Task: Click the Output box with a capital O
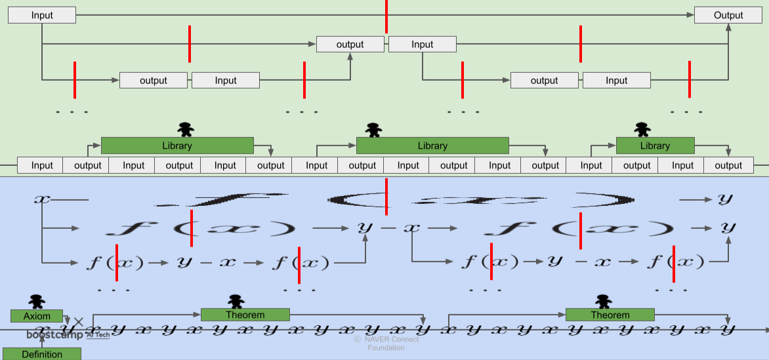728,15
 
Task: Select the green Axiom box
37,316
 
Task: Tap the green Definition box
42,354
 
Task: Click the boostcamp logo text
55,335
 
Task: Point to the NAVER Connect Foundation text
386,344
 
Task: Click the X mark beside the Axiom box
79,321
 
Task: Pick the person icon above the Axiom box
37,301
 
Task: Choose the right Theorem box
610,315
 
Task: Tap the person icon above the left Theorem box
236,301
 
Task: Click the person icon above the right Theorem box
603,301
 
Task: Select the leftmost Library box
177,146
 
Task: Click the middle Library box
432,146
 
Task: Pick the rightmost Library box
655,146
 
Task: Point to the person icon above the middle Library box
373,129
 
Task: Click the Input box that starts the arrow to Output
42,15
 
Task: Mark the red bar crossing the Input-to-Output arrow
386,16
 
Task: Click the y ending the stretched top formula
724,198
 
